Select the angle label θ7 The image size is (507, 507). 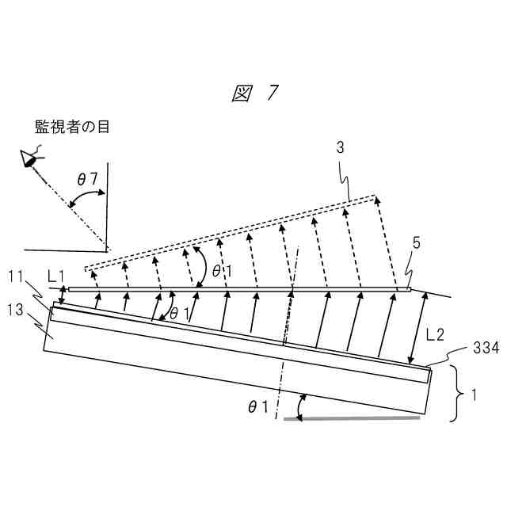coord(87,180)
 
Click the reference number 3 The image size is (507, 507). coord(340,147)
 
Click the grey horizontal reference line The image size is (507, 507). coord(352,417)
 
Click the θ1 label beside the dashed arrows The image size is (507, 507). coord(221,269)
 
